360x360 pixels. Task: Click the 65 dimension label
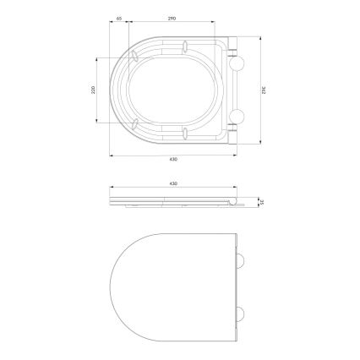(x=121, y=18)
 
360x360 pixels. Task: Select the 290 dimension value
(x=172, y=18)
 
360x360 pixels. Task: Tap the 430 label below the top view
(x=172, y=159)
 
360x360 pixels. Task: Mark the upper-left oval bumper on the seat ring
(x=135, y=57)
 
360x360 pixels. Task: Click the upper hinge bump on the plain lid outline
(x=243, y=259)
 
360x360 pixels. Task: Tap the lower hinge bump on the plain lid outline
(x=243, y=314)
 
